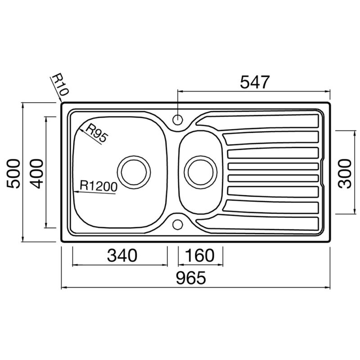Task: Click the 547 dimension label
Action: click(x=254, y=82)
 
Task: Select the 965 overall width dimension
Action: click(x=191, y=278)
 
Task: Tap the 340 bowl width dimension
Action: click(x=122, y=255)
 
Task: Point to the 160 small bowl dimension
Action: click(x=199, y=255)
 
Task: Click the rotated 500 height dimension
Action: click(x=13, y=174)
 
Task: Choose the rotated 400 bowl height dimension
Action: click(x=36, y=174)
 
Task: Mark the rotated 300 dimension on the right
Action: click(x=345, y=174)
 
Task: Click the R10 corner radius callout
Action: click(x=60, y=85)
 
